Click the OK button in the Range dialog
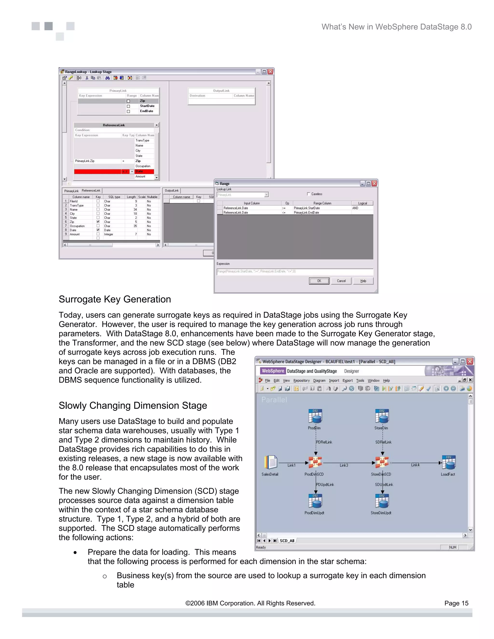(319, 281)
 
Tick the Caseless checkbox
(309, 194)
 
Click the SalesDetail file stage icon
(271, 462)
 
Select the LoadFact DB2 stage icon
(449, 462)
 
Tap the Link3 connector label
(344, 465)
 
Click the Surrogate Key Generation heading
(115, 299)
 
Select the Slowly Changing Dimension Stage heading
(133, 406)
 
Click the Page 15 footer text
(456, 603)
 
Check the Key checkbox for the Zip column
(98, 222)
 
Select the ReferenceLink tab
(91, 190)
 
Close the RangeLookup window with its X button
(270, 72)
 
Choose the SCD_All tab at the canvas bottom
(287, 541)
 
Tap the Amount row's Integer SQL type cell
(109, 234)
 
